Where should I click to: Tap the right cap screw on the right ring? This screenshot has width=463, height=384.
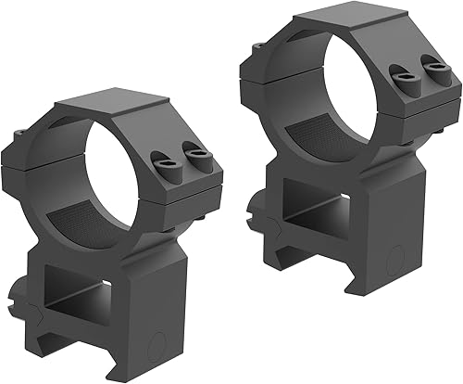click(431, 66)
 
